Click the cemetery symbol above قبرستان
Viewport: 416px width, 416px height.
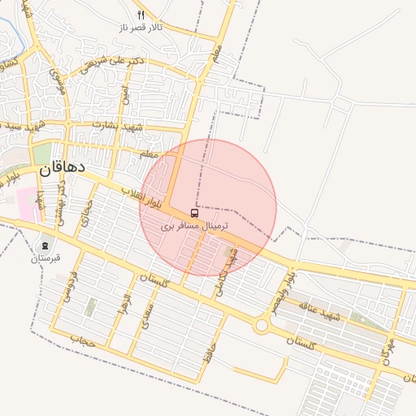click(x=45, y=245)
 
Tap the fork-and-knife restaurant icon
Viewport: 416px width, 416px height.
click(x=141, y=15)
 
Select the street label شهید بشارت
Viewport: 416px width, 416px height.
click(x=119, y=126)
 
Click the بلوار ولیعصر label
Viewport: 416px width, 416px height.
click(x=279, y=294)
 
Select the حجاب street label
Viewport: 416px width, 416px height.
click(x=83, y=339)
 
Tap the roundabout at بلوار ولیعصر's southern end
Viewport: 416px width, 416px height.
click(x=262, y=325)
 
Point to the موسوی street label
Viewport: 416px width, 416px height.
click(x=57, y=80)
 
